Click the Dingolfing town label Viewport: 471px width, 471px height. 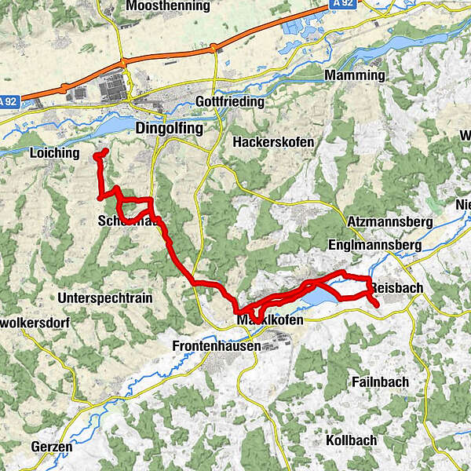pyautogui.click(x=169, y=127)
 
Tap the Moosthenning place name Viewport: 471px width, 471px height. pyautogui.click(x=167, y=6)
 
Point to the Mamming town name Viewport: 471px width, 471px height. pyautogui.click(x=354, y=76)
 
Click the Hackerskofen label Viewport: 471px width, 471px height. pyautogui.click(x=273, y=143)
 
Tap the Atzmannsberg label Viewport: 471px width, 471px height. pyautogui.click(x=389, y=223)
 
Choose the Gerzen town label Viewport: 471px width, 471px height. pyautogui.click(x=52, y=447)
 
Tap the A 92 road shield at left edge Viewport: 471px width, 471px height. pyautogui.click(x=9, y=102)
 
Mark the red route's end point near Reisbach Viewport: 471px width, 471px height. pyautogui.click(x=377, y=304)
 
